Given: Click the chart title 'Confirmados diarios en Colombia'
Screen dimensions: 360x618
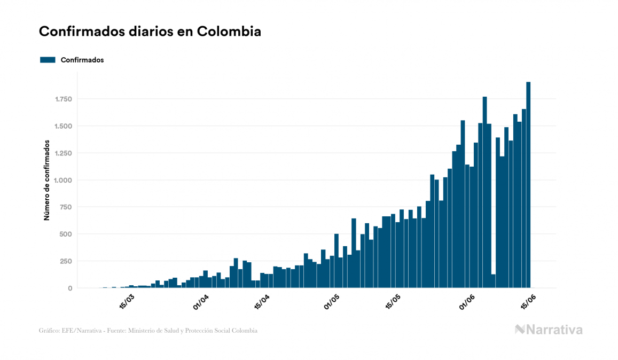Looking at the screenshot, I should tap(150, 32).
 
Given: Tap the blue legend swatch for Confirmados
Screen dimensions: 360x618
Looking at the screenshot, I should tap(48, 60).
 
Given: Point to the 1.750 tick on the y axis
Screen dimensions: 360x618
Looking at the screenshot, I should tap(63, 99).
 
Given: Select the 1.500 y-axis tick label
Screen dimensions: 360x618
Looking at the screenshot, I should tap(63, 126).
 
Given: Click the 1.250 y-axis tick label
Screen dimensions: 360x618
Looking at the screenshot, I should tap(63, 153).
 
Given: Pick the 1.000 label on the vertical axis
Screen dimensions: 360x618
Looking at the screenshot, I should tap(63, 181).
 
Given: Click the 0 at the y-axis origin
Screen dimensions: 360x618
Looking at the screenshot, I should tap(70, 288).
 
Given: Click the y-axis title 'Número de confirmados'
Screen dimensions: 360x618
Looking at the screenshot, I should tap(47, 181).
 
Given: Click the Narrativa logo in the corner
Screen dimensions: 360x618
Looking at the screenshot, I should tap(549, 330).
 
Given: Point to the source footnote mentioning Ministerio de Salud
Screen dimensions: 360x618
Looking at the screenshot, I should tap(148, 331).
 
